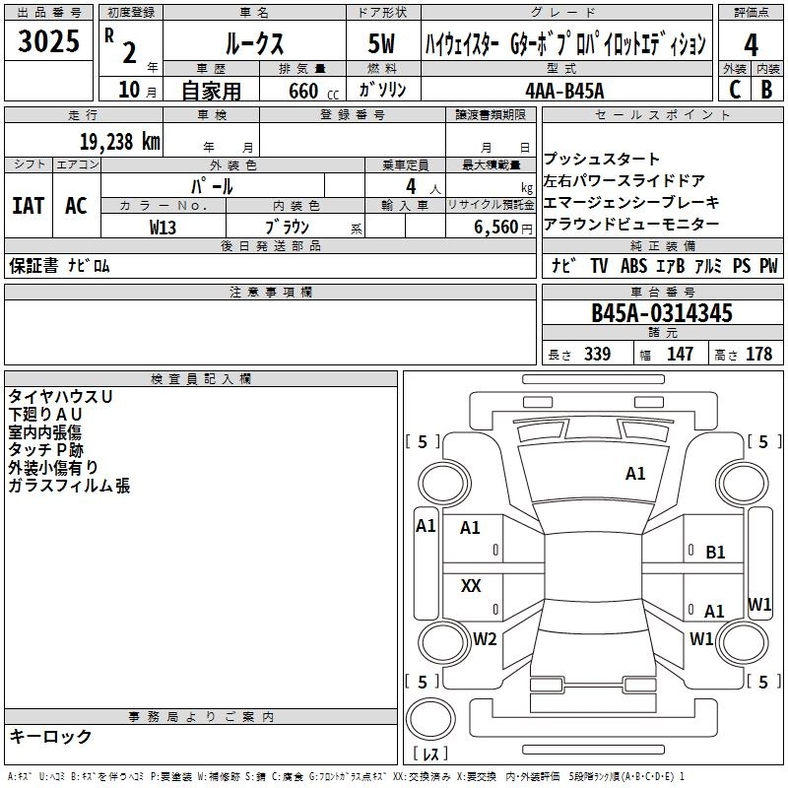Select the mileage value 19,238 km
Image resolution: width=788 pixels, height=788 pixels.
coord(119,141)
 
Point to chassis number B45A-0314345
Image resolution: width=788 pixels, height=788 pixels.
coord(661,313)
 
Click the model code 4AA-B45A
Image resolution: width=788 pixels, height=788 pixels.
coord(564,91)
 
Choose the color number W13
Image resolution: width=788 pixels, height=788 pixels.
coord(164,227)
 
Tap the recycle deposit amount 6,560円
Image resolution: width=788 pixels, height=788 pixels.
coord(503,227)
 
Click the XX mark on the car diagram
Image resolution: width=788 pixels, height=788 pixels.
coord(471,586)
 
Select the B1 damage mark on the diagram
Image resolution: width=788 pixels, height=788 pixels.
coord(716,553)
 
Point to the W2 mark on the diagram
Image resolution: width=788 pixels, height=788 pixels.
coord(485,639)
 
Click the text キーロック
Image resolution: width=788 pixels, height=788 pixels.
coord(50,737)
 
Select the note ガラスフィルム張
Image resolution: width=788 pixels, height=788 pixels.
coord(69,486)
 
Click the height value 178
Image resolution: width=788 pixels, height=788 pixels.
coord(758,355)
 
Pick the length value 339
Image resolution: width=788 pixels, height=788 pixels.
coord(597,355)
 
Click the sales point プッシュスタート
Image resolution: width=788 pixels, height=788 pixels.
coord(602,160)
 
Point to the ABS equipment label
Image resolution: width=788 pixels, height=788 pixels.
coord(634,266)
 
